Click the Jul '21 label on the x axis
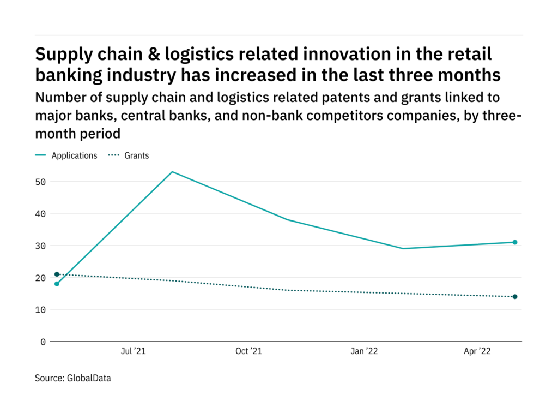point(132,352)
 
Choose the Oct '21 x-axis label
point(248,352)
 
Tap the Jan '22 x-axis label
point(363,352)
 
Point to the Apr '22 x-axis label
point(477,352)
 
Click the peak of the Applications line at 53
point(172,172)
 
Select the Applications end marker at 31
point(514,242)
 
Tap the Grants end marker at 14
point(514,297)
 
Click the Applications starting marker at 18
point(57,284)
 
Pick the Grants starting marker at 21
point(57,274)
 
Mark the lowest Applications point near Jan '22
point(403,249)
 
